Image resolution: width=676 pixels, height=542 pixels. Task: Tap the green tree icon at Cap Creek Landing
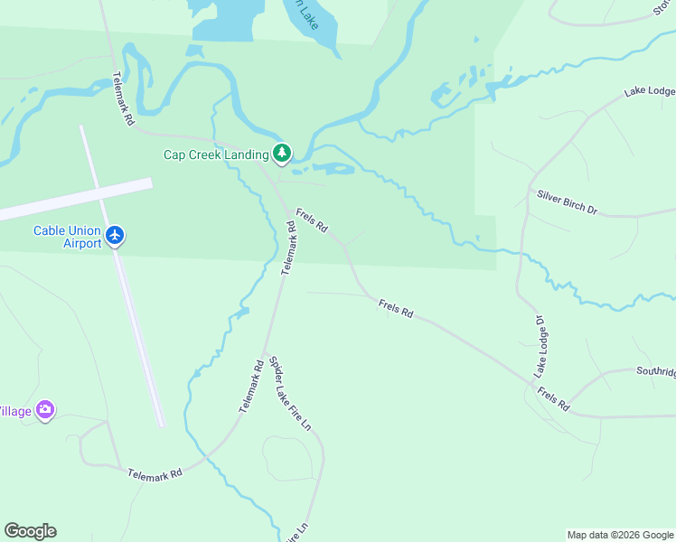[x=283, y=154]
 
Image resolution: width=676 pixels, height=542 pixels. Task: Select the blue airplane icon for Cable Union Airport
[x=115, y=236]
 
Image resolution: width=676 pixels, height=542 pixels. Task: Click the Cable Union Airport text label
[x=67, y=237]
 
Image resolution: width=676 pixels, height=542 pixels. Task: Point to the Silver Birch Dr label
[x=568, y=202]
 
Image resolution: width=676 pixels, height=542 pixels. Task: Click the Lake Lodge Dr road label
[x=541, y=347]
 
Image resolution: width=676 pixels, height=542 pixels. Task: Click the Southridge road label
[x=654, y=371]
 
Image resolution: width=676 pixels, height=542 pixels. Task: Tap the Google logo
[x=30, y=531]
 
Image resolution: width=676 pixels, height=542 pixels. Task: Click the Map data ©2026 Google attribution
[x=620, y=535]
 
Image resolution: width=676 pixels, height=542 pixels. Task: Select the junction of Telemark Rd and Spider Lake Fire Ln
[x=264, y=351]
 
